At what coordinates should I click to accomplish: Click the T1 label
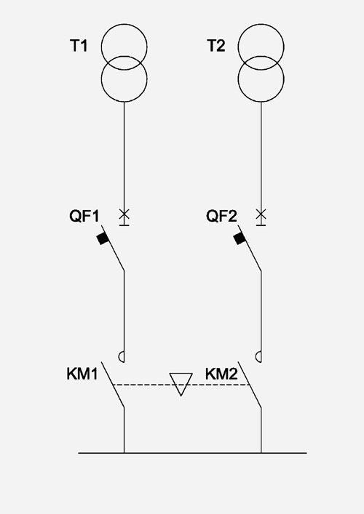[79, 46]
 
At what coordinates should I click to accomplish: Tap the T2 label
[216, 46]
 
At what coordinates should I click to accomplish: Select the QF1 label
[84, 216]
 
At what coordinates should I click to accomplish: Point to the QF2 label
[221, 216]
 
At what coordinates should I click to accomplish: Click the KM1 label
[82, 374]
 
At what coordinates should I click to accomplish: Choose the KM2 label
[221, 374]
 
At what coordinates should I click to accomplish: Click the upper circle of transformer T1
[124, 24]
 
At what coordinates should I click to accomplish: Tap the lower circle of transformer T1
[124, 102]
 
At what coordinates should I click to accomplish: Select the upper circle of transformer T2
[261, 24]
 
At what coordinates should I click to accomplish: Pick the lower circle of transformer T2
[261, 102]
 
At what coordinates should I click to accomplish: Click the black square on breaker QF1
[103, 238]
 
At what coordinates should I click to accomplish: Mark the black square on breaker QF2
[240, 238]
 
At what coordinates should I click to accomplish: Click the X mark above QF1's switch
[124, 214]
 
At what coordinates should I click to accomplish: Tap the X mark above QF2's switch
[261, 214]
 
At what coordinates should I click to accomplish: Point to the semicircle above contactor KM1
[119, 357]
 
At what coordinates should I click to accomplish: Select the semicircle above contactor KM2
[256, 357]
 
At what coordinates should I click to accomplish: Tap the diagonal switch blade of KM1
[113, 385]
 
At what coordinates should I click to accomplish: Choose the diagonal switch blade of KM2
[250, 385]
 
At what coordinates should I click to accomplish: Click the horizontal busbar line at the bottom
[192, 453]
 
